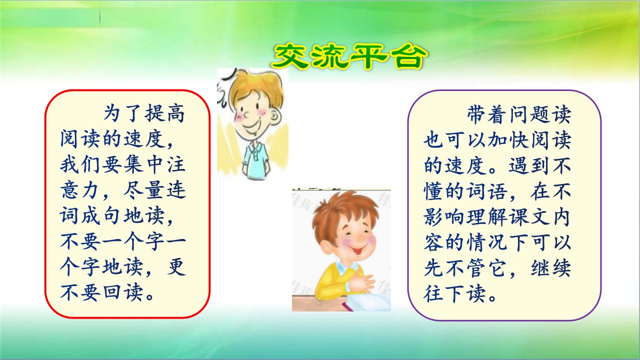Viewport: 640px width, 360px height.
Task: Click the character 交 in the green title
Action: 290,56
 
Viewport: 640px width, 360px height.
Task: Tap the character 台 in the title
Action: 408,57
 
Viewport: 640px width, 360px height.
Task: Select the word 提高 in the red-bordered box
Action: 164,113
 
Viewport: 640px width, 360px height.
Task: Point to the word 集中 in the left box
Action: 133,165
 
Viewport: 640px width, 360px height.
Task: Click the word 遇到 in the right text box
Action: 528,165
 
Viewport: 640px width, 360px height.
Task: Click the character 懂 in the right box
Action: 433,191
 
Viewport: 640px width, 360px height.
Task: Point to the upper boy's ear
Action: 275,117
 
